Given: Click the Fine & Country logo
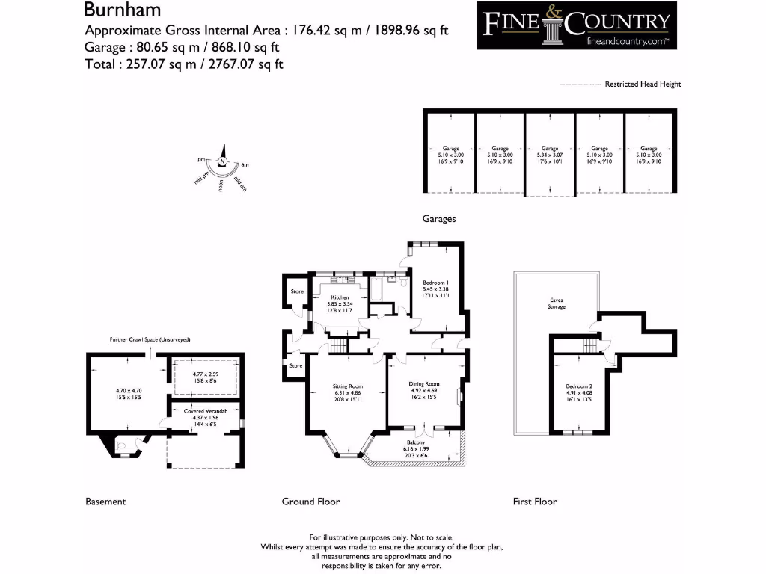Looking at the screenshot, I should click(x=577, y=25).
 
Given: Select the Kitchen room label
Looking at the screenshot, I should click(x=340, y=297).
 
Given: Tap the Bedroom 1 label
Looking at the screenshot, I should click(x=435, y=283).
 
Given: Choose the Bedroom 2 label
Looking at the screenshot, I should click(x=578, y=386).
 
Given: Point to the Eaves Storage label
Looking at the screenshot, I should click(x=556, y=303).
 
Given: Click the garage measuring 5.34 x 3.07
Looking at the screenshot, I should click(x=550, y=149).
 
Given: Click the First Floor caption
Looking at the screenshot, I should click(x=534, y=502).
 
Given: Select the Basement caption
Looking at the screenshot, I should click(x=105, y=502).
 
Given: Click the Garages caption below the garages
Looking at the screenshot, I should click(x=439, y=219).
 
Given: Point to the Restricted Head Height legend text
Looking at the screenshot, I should click(x=643, y=84).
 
